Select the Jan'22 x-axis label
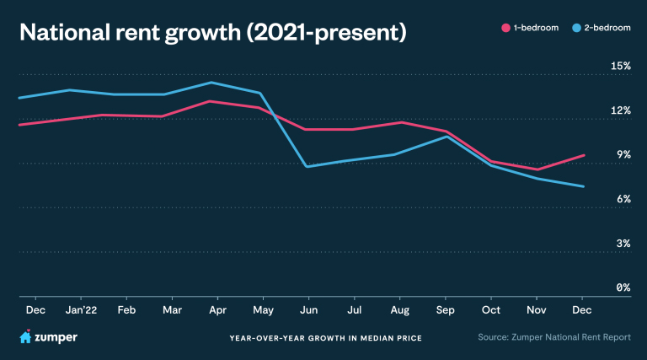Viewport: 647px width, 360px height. point(81,311)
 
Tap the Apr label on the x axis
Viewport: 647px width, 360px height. point(217,311)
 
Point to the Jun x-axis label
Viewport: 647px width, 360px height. point(309,311)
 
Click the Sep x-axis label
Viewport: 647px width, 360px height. point(446,311)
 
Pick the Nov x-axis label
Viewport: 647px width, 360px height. point(537,311)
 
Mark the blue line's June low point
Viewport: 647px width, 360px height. point(308,167)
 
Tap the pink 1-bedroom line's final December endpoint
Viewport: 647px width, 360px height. point(584,155)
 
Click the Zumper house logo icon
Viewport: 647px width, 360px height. point(25,337)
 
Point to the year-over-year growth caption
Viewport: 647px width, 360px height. point(325,338)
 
